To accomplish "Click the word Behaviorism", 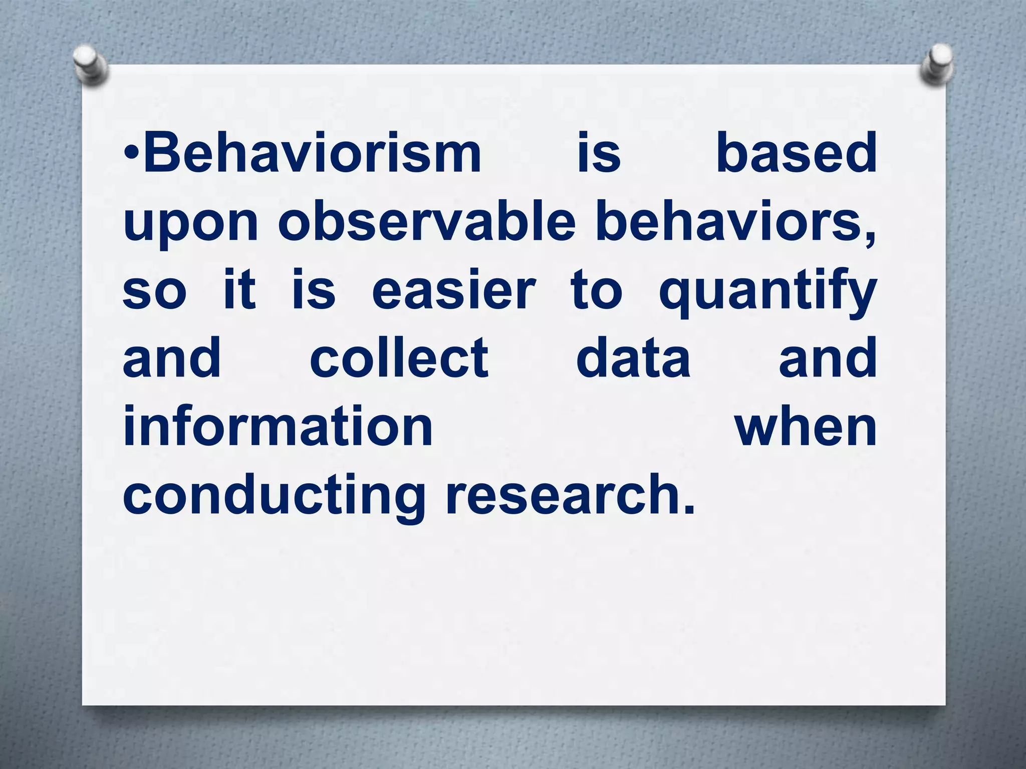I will click(313, 152).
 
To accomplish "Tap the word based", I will click(796, 152).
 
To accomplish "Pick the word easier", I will click(454, 290).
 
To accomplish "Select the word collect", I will click(399, 358).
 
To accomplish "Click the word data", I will click(633, 358).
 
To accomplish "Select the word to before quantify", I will click(597, 290).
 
